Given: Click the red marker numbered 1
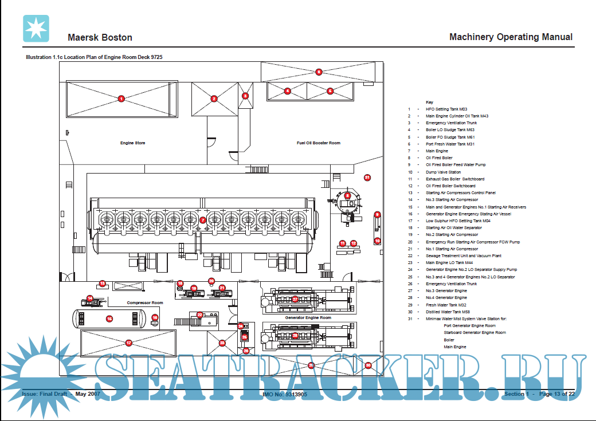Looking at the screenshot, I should click(x=121, y=99).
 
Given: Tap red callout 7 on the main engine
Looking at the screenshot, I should click(x=202, y=220).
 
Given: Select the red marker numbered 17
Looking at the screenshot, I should click(x=128, y=343).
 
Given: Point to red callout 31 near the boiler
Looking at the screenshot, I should click(x=367, y=178).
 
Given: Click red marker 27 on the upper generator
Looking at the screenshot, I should click(x=295, y=299).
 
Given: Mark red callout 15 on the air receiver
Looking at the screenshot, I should click(x=109, y=318).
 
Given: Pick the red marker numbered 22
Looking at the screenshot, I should click(x=199, y=314).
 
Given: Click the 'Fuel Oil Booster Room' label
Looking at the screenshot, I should click(x=318, y=143).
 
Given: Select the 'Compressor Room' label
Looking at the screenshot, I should click(x=145, y=302).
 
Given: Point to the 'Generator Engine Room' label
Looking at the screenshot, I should click(x=308, y=317).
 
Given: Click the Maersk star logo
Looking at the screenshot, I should click(x=36, y=29).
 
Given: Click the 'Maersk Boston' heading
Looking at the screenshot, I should click(x=100, y=38).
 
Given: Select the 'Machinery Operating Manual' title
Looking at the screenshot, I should click(x=511, y=37).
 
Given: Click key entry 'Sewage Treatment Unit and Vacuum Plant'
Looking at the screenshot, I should click(x=463, y=256).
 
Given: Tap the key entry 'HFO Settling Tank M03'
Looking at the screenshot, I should click(x=446, y=109).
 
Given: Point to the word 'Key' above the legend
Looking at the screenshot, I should click(x=429, y=102).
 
